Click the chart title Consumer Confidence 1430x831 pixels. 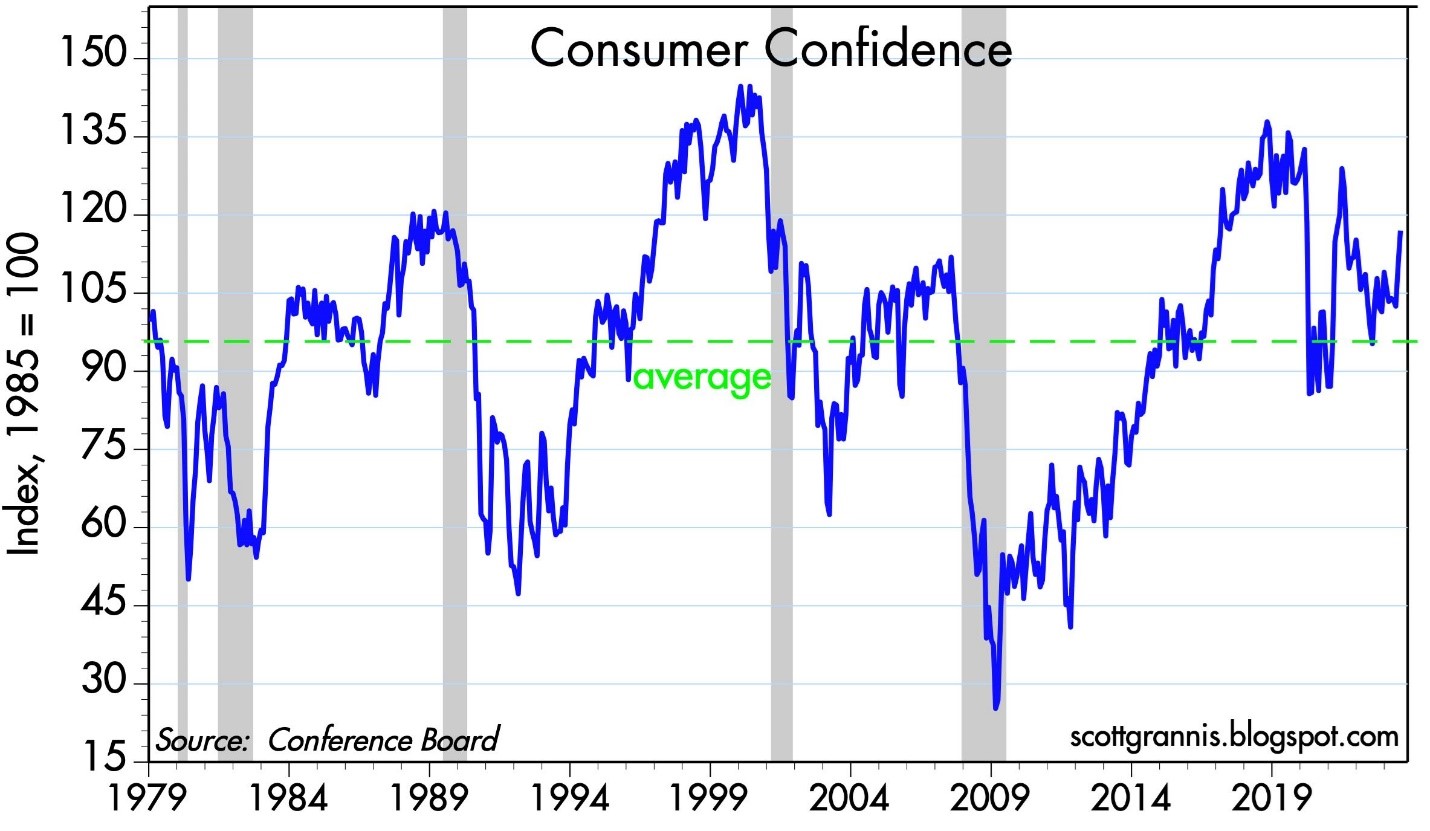click(770, 48)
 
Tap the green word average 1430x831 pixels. click(702, 377)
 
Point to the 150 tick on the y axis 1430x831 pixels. click(97, 58)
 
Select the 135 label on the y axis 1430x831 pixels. click(97, 136)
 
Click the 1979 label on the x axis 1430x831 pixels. click(148, 804)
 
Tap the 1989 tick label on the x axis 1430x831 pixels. click(429, 804)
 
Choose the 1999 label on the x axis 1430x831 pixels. click(710, 804)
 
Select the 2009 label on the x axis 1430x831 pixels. click(991, 804)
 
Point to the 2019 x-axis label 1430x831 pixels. click(1272, 804)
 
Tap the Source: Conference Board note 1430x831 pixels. click(326, 740)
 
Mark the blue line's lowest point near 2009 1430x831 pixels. click(995, 708)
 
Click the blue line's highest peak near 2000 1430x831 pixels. click(741, 87)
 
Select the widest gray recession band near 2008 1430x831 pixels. click(983, 400)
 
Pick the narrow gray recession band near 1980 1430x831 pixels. click(183, 400)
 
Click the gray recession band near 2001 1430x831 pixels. click(781, 400)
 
